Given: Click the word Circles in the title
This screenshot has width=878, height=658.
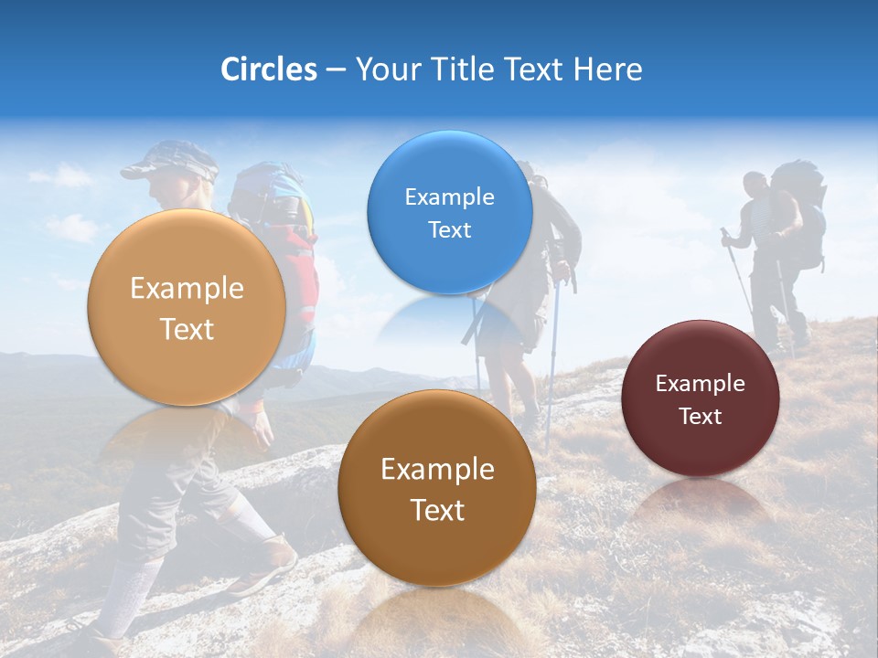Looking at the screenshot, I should (269, 69).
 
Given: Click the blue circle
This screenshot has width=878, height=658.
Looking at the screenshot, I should (449, 212).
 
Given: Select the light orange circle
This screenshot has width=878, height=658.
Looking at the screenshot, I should (187, 308).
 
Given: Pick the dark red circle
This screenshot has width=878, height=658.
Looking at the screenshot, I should (701, 398).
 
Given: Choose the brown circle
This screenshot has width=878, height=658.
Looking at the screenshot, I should (437, 488).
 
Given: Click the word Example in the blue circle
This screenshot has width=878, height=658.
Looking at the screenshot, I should (449, 196).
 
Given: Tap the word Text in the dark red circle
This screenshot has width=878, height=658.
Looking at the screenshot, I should (701, 417).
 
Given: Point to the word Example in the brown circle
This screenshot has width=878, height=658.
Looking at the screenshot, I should (437, 470).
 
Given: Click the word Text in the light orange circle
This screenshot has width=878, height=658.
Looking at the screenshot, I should (187, 329).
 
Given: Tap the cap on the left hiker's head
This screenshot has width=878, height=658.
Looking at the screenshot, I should (169, 161).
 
